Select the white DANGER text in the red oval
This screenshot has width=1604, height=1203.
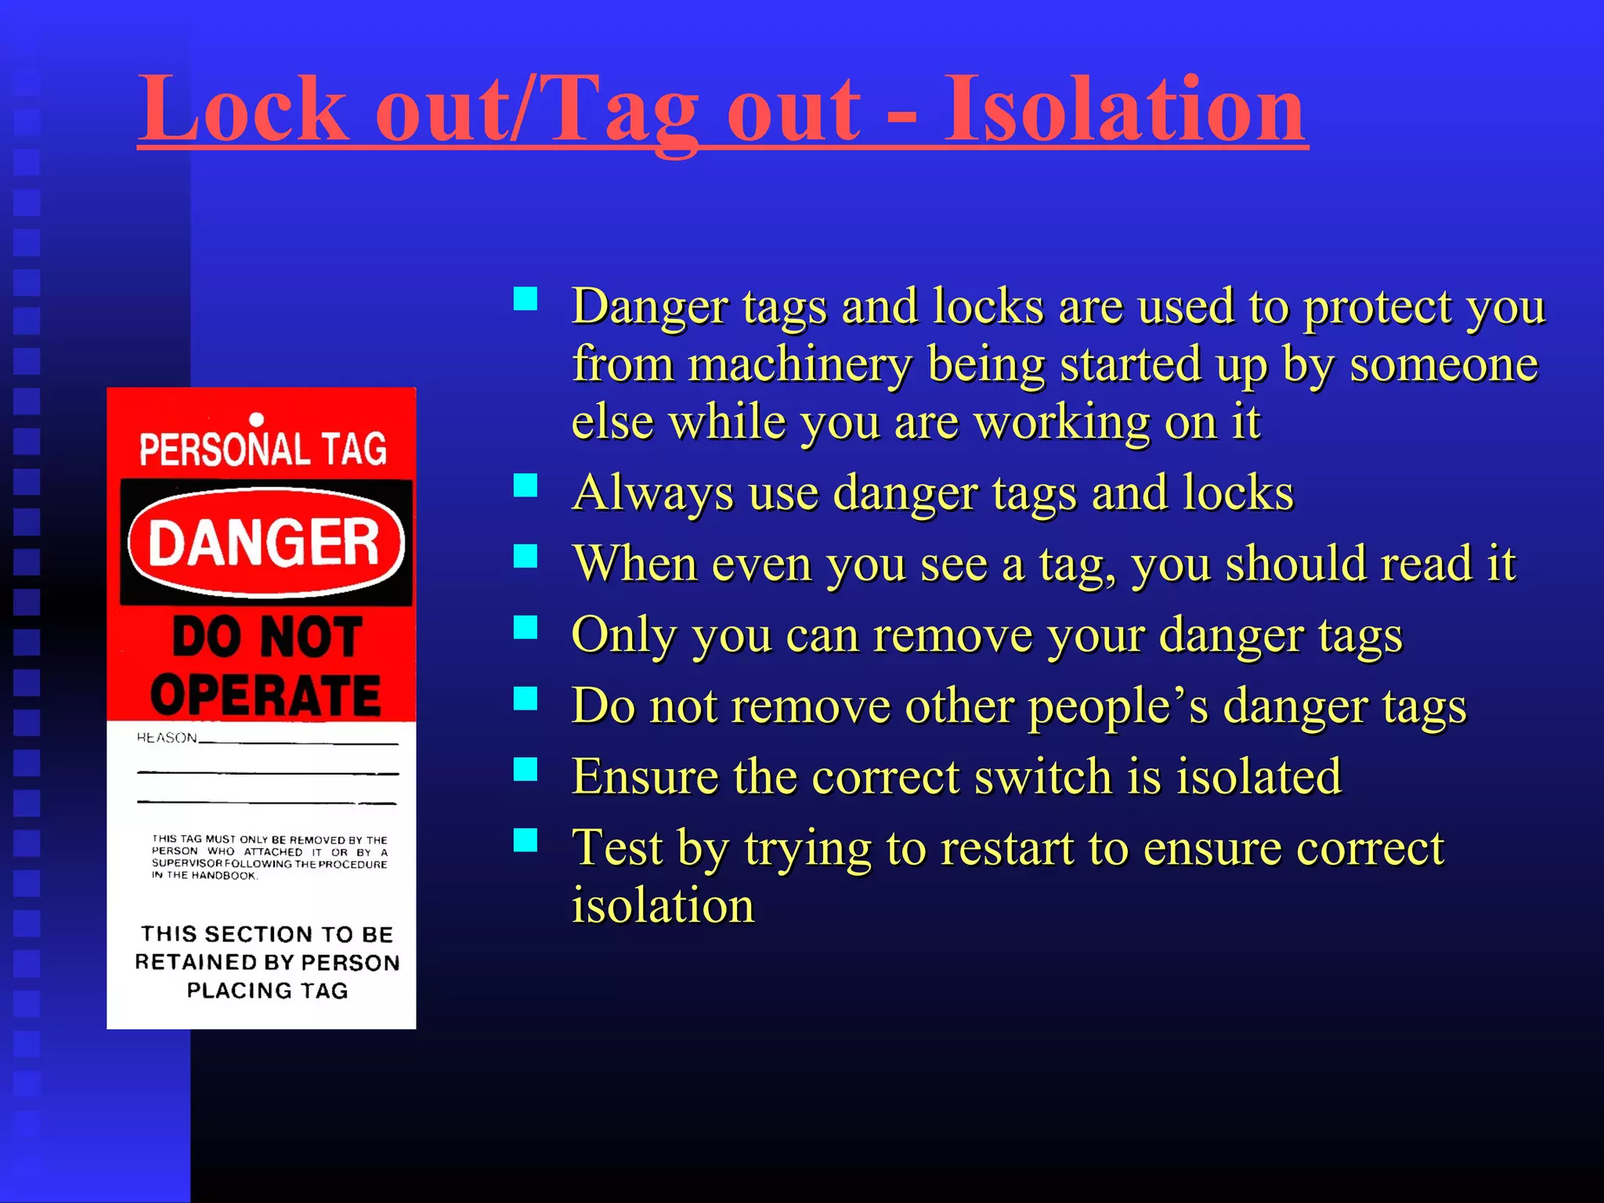pyautogui.click(x=265, y=543)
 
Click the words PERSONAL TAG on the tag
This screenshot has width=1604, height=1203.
pyautogui.click(x=263, y=450)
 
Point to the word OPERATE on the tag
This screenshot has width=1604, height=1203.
pyautogui.click(x=266, y=695)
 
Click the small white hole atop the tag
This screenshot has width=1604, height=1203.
pyautogui.click(x=256, y=421)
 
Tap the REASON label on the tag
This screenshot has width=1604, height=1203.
pyautogui.click(x=167, y=738)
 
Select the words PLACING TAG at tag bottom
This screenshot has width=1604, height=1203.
pyautogui.click(x=267, y=991)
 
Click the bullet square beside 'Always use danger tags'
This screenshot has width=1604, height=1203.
pyautogui.click(x=526, y=486)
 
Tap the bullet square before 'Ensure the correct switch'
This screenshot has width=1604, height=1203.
pyautogui.click(x=526, y=769)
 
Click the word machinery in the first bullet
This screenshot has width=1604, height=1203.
pyautogui.click(x=800, y=364)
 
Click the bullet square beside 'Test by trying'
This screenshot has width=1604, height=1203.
pyautogui.click(x=526, y=840)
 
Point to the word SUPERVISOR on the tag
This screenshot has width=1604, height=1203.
pyautogui.click(x=187, y=864)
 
